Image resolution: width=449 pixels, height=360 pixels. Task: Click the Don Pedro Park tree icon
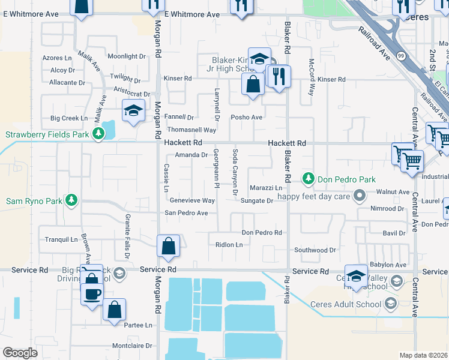[309, 179]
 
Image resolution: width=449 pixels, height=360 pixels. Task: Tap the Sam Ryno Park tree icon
[71, 200]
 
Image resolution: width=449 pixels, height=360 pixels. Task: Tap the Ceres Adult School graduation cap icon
[390, 304]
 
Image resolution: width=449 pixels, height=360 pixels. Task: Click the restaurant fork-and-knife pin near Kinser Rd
[279, 76]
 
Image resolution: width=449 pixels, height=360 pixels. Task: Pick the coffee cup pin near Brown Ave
[92, 295]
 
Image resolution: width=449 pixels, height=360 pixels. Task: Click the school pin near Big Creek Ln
[133, 110]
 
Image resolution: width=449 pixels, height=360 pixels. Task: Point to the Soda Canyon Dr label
[235, 175]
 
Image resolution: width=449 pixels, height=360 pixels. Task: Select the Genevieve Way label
[192, 200]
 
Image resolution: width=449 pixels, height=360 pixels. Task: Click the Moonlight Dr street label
[127, 56]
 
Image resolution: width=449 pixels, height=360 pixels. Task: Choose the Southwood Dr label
[315, 250]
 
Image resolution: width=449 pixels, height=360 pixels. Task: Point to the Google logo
[20, 353]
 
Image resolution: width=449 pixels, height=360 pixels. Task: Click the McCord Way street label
[312, 77]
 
